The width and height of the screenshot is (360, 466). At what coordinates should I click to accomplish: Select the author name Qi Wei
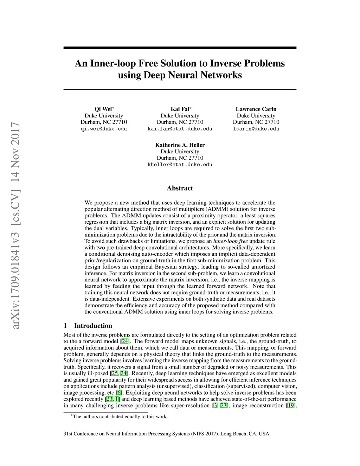pos(103,109)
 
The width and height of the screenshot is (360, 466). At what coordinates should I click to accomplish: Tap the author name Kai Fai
pos(179,109)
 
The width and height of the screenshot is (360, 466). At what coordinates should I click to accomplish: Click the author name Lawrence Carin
pos(256,109)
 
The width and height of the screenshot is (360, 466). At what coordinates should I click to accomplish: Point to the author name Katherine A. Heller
pos(180,145)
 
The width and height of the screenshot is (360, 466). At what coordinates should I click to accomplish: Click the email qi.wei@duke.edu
pos(104,129)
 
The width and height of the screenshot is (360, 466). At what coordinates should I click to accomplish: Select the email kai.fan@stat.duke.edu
pos(180,129)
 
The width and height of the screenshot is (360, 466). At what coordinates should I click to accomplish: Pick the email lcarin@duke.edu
pos(256,129)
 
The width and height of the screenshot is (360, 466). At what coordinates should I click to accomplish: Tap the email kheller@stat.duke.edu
pos(180,165)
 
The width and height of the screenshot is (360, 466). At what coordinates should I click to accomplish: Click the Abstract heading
pos(180,188)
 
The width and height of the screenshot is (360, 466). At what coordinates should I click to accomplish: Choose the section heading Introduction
pos(93,326)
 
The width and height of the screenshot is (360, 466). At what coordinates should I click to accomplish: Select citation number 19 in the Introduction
pos(290,406)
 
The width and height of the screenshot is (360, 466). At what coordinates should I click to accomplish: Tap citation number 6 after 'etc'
pos(120,393)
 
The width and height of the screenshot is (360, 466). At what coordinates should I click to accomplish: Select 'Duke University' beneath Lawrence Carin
pos(256,116)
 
